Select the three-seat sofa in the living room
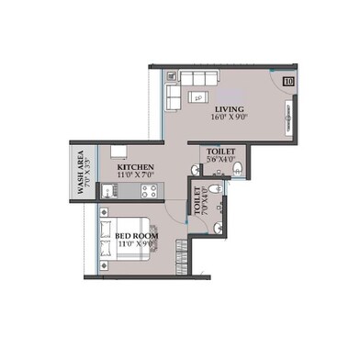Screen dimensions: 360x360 (x=203, y=77)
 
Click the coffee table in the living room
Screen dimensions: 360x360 (x=198, y=96)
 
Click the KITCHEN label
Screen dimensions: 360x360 (x=134, y=166)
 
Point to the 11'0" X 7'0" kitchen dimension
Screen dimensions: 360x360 (x=135, y=174)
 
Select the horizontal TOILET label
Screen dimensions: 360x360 (x=220, y=150)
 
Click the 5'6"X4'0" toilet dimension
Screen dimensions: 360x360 (x=220, y=159)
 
